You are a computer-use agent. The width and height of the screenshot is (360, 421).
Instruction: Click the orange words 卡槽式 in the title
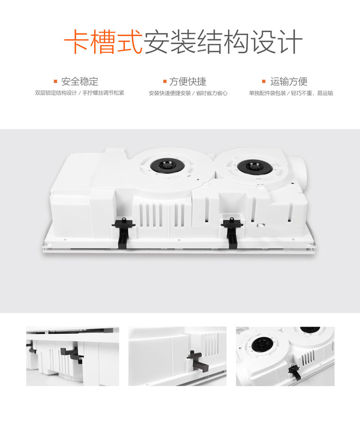[103, 42]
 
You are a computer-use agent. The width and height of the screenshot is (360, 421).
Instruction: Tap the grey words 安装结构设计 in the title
[224, 42]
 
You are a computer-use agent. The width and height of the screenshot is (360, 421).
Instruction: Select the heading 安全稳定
[80, 81]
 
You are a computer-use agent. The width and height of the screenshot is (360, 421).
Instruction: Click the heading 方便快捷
[188, 81]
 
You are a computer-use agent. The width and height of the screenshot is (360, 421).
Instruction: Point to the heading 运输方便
[289, 81]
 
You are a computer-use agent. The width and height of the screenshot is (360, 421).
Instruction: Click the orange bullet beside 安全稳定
[56, 81]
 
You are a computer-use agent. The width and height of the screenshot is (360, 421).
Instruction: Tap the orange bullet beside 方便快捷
[165, 81]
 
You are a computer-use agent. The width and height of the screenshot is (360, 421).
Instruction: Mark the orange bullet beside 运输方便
[264, 81]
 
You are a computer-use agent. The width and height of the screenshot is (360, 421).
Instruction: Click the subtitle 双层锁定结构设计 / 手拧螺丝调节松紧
[80, 93]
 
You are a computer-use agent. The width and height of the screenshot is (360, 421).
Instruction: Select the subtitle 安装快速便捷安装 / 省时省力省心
[188, 93]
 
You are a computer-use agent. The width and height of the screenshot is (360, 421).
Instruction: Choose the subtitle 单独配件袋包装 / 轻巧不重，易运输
[291, 93]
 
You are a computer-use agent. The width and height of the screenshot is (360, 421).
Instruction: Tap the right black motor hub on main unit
[255, 166]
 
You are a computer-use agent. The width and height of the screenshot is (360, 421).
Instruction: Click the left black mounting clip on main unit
[123, 233]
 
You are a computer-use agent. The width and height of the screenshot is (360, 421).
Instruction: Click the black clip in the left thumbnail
[72, 355]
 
